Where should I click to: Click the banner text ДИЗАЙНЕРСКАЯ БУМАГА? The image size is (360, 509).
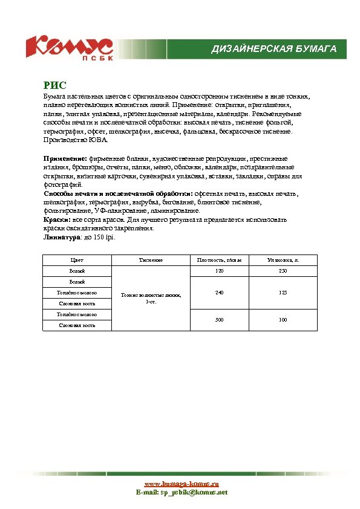pyautogui.click(x=273, y=48)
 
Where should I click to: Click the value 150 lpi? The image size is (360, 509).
pyautogui.click(x=102, y=238)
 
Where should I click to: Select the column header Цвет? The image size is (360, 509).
pyautogui.click(x=77, y=260)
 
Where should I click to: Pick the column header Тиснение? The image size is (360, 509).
pyautogui.click(x=151, y=260)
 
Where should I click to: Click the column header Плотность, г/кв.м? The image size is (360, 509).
pyautogui.click(x=219, y=260)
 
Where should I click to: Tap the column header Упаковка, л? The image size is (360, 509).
pyautogui.click(x=283, y=260)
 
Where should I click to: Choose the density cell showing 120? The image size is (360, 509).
pyautogui.click(x=219, y=271)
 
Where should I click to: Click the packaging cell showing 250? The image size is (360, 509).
pyautogui.click(x=283, y=271)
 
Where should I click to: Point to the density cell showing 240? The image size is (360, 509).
pyautogui.click(x=219, y=293)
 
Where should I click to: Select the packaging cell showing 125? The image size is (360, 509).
pyautogui.click(x=283, y=293)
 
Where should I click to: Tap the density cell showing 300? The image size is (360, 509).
pyautogui.click(x=219, y=319)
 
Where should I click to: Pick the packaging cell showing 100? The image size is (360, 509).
pyautogui.click(x=283, y=319)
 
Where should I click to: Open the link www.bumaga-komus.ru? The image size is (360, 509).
pyautogui.click(x=181, y=484)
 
